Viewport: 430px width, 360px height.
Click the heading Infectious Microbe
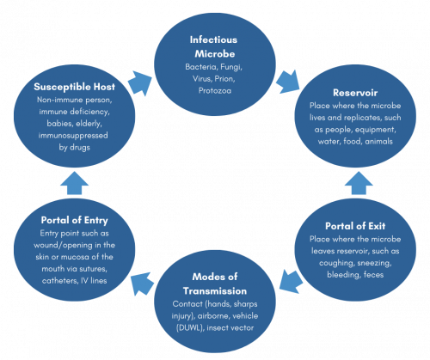[x=214, y=46]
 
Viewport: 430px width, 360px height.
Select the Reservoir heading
[x=355, y=93]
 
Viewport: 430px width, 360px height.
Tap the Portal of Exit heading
[x=355, y=226]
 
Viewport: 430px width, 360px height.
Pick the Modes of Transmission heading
[x=215, y=284]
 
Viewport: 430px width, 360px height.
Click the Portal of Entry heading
[x=75, y=220]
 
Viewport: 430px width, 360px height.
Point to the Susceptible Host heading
[x=75, y=87]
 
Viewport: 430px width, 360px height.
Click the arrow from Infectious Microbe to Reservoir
[x=288, y=82]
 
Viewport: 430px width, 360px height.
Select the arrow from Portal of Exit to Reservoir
[x=359, y=183]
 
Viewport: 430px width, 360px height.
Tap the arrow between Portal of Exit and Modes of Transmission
[x=291, y=281]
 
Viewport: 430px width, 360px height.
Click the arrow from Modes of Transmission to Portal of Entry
[x=142, y=284]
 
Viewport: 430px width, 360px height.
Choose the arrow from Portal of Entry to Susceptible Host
[x=75, y=183]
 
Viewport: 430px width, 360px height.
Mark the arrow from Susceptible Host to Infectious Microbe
[x=140, y=83]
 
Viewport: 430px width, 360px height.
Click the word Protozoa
[x=215, y=91]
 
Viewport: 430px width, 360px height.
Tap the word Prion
[x=224, y=79]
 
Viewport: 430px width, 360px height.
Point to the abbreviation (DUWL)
[x=189, y=328]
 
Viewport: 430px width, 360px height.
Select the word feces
[x=373, y=275]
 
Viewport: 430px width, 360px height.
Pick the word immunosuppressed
[x=73, y=136]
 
